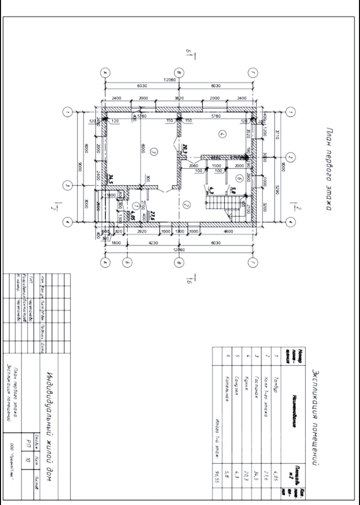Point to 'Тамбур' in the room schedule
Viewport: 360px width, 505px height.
click(275, 385)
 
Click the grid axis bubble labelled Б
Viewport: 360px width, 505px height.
click(127, 262)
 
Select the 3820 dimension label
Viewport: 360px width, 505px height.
click(179, 98)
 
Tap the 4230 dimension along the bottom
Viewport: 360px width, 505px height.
click(153, 243)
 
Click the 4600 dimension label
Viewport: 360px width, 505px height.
click(228, 231)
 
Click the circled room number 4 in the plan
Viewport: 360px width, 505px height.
click(222, 134)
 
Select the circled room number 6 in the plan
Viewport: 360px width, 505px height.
click(239, 178)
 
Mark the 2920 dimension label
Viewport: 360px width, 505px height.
click(142, 231)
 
